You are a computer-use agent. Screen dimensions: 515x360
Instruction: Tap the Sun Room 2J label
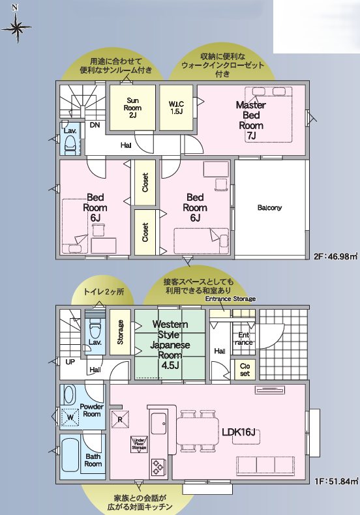tap(132, 108)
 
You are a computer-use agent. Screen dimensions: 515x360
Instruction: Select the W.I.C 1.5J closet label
tap(176, 108)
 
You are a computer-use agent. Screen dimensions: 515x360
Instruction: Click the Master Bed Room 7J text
tap(250, 120)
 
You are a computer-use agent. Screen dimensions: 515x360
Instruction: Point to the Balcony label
tap(269, 208)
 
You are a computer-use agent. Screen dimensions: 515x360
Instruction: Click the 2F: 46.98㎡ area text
tap(336, 256)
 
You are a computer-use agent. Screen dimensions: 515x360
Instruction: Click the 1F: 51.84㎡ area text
tap(336, 481)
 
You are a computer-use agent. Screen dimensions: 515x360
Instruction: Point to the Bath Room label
tap(93, 460)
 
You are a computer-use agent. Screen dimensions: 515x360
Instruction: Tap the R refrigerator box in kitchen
tap(119, 419)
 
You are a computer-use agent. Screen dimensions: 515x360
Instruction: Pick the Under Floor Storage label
tap(139, 443)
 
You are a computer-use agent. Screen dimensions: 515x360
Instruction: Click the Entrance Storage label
tap(230, 299)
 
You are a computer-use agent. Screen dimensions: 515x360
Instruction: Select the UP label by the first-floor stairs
tap(69, 361)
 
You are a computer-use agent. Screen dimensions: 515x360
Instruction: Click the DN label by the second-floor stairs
tap(95, 125)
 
